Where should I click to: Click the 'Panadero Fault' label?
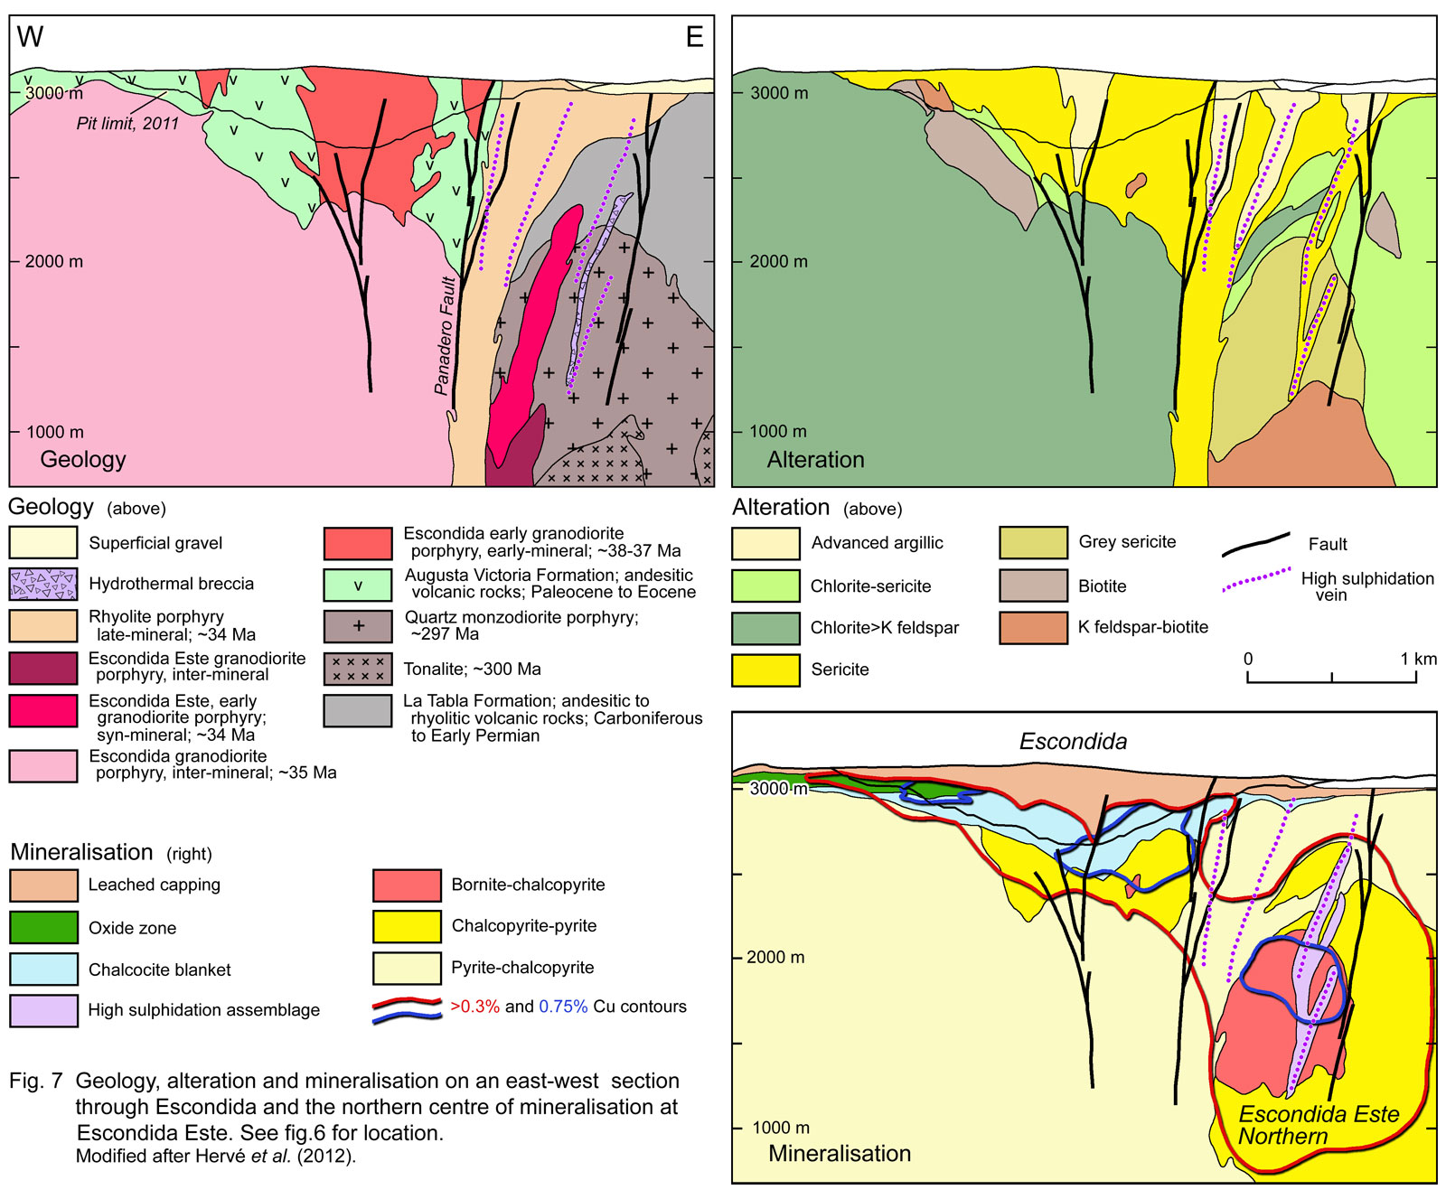(x=443, y=336)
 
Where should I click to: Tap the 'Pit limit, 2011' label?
(x=127, y=124)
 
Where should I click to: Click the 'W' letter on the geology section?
(x=30, y=37)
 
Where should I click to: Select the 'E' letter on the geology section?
(x=694, y=37)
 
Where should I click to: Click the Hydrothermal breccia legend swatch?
(x=42, y=585)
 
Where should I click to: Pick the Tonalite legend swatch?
(x=358, y=670)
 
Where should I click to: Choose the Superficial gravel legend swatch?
(x=42, y=542)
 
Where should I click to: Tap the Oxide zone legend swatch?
(x=42, y=927)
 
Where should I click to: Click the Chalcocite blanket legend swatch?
(x=42, y=969)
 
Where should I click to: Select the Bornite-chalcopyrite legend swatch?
(x=406, y=885)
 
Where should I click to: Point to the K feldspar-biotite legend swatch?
(x=1033, y=628)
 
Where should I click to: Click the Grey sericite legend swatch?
(x=1033, y=542)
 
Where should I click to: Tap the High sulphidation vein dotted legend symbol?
(x=1255, y=580)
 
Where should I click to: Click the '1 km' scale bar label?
(x=1418, y=659)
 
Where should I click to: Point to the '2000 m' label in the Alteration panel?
(x=778, y=261)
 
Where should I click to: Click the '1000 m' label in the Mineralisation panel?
(x=781, y=1128)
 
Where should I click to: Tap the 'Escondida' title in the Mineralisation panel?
(x=1073, y=742)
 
